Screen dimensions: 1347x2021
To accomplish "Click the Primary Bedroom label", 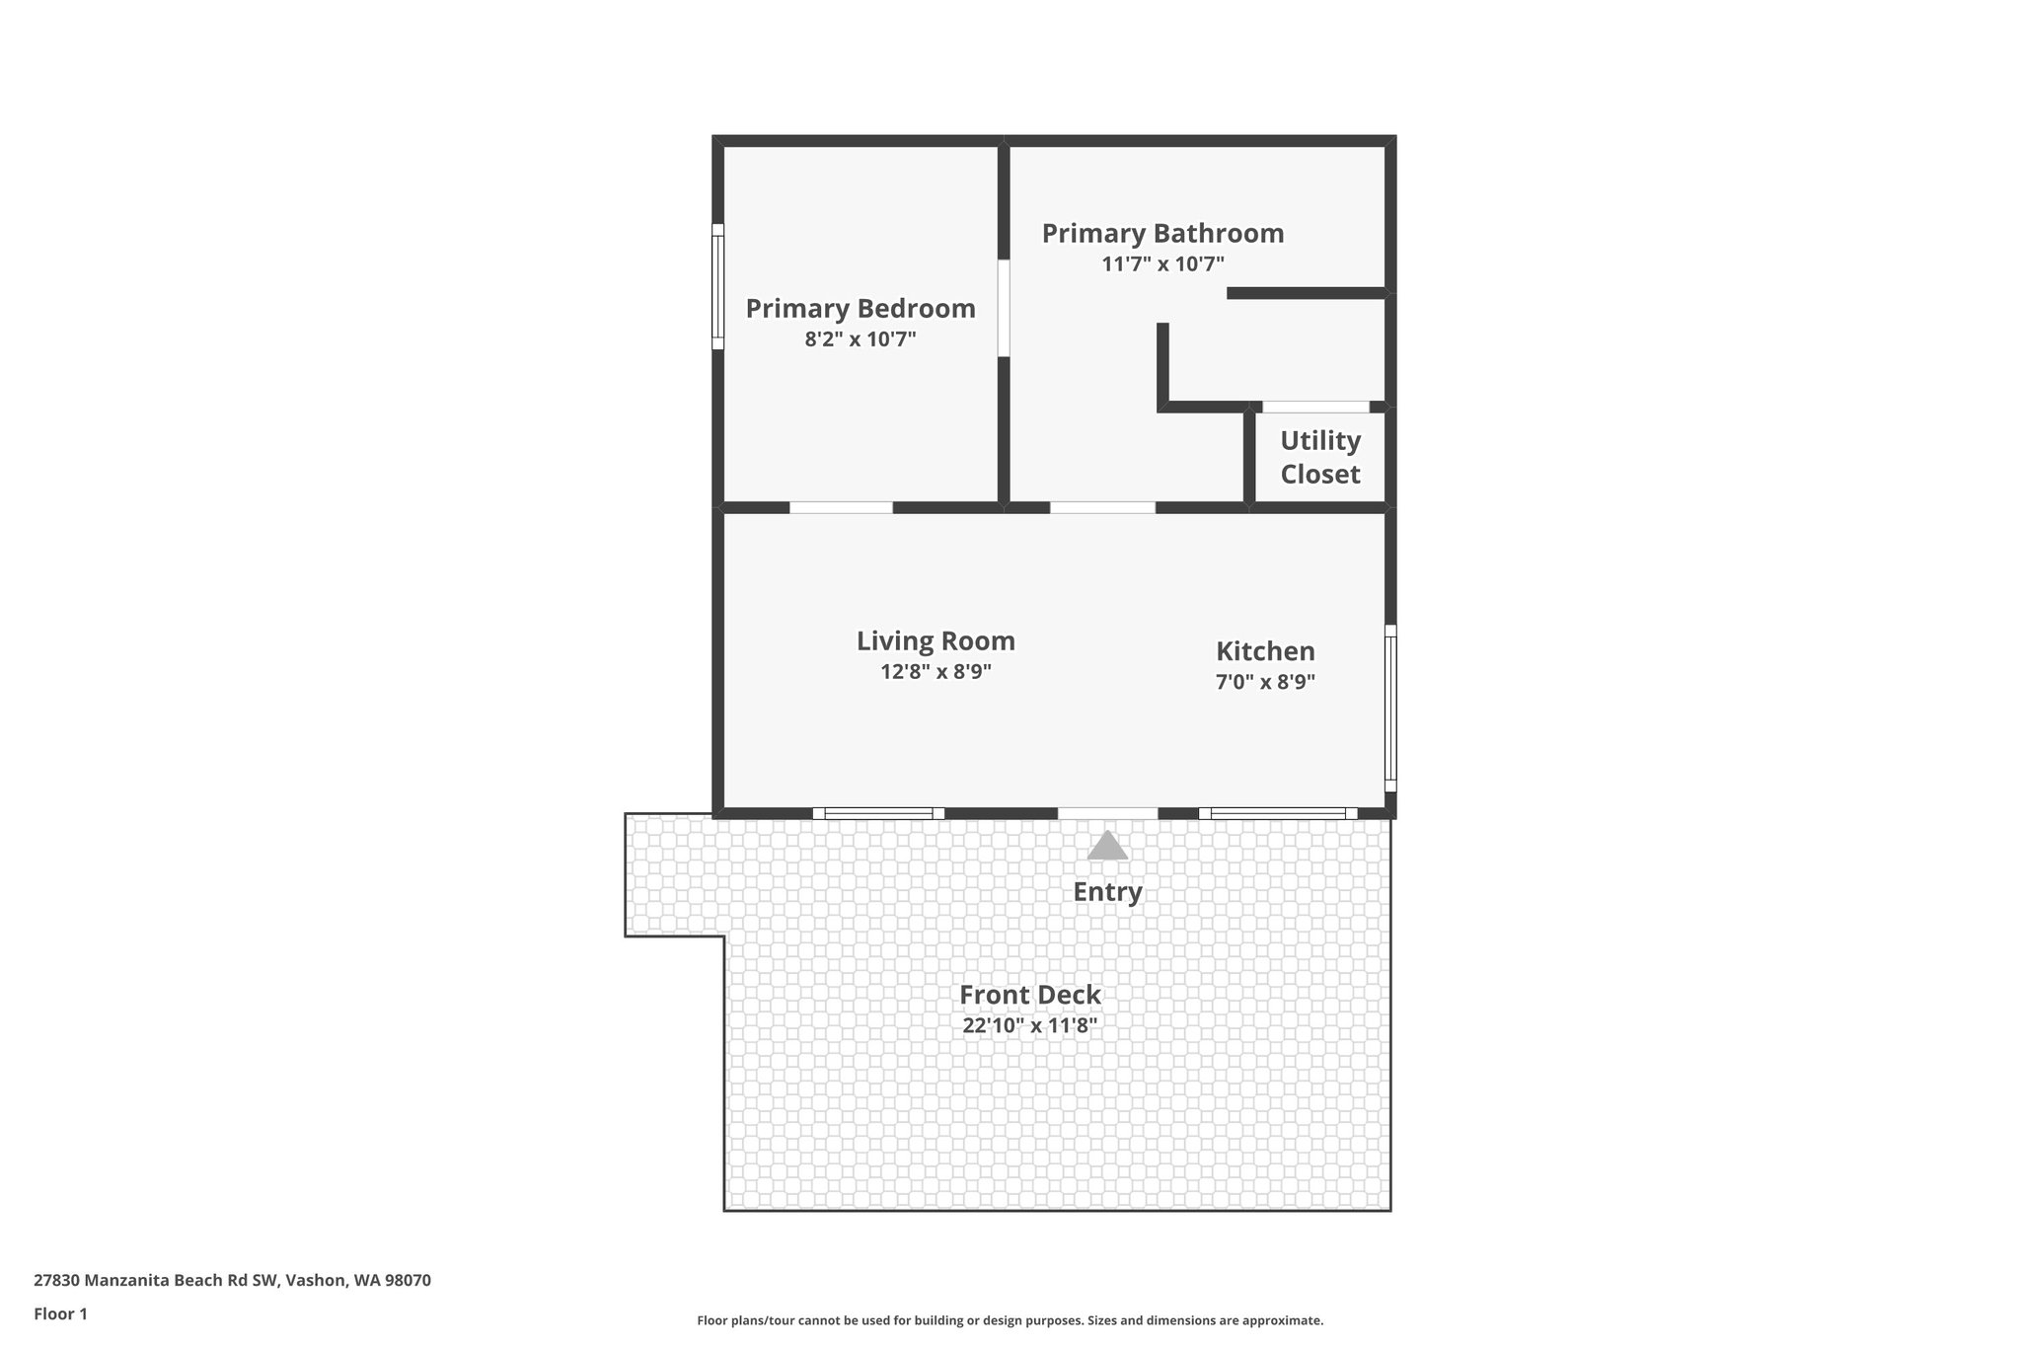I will [x=861, y=309].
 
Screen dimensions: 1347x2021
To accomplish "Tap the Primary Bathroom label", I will [x=1162, y=234].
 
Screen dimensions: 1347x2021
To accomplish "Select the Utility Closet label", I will [x=1320, y=457].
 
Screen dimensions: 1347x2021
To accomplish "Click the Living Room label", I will [x=936, y=641].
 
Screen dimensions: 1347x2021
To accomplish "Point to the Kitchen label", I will [x=1265, y=651].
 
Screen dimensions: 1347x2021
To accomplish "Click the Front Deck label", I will [x=1030, y=995].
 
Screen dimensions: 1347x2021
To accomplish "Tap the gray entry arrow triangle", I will [x=1107, y=846].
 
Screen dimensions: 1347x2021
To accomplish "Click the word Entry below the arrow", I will [x=1107, y=892].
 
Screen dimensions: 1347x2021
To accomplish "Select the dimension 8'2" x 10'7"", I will [x=861, y=339].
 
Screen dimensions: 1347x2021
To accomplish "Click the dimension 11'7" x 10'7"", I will [x=1162, y=264].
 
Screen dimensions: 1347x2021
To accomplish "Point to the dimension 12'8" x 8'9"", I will [x=936, y=672].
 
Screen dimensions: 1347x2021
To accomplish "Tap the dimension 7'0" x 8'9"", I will [x=1265, y=682].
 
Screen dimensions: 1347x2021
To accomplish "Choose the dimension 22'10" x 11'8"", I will [x=1030, y=1025].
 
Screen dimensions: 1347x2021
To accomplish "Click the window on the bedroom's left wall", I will [x=718, y=286].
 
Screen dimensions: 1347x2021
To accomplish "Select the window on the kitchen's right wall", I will [x=1390, y=708].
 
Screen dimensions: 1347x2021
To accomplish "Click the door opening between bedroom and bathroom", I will [x=1004, y=307].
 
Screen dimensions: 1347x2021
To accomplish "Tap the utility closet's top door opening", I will [x=1315, y=407].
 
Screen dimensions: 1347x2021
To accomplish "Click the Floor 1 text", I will [x=61, y=1313].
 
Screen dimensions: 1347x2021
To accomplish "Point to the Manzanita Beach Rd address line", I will [x=232, y=1280].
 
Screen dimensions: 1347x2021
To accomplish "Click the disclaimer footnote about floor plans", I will [x=1010, y=1320].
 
